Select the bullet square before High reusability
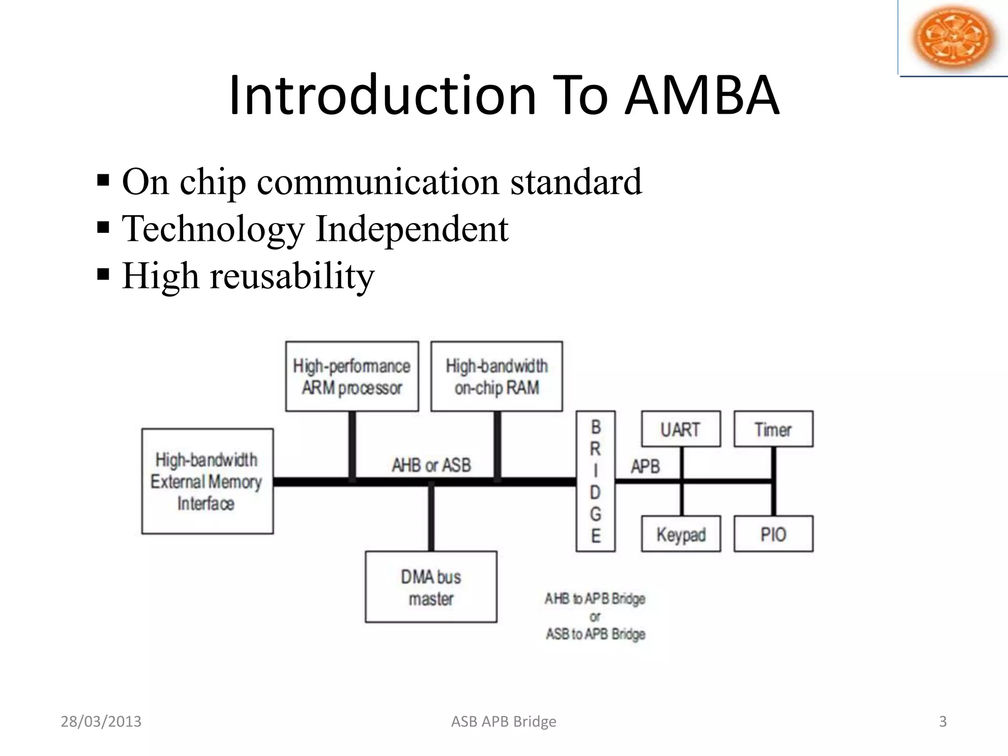pos(103,274)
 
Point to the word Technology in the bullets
pos(213,229)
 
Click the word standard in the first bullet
pos(576,182)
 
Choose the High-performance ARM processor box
pos(352,377)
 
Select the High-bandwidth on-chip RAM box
pos(497,377)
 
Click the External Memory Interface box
pos(207,481)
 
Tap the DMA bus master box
pos(431,587)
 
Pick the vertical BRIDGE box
pos(596,481)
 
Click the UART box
pos(681,429)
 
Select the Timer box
pos(773,429)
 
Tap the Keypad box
pos(681,534)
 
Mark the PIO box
pos(773,534)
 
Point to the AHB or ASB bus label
pos(431,465)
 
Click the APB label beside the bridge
pos(645,466)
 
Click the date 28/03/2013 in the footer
pos(101,722)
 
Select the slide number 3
pos(943,722)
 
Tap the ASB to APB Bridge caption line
pos(595,634)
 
